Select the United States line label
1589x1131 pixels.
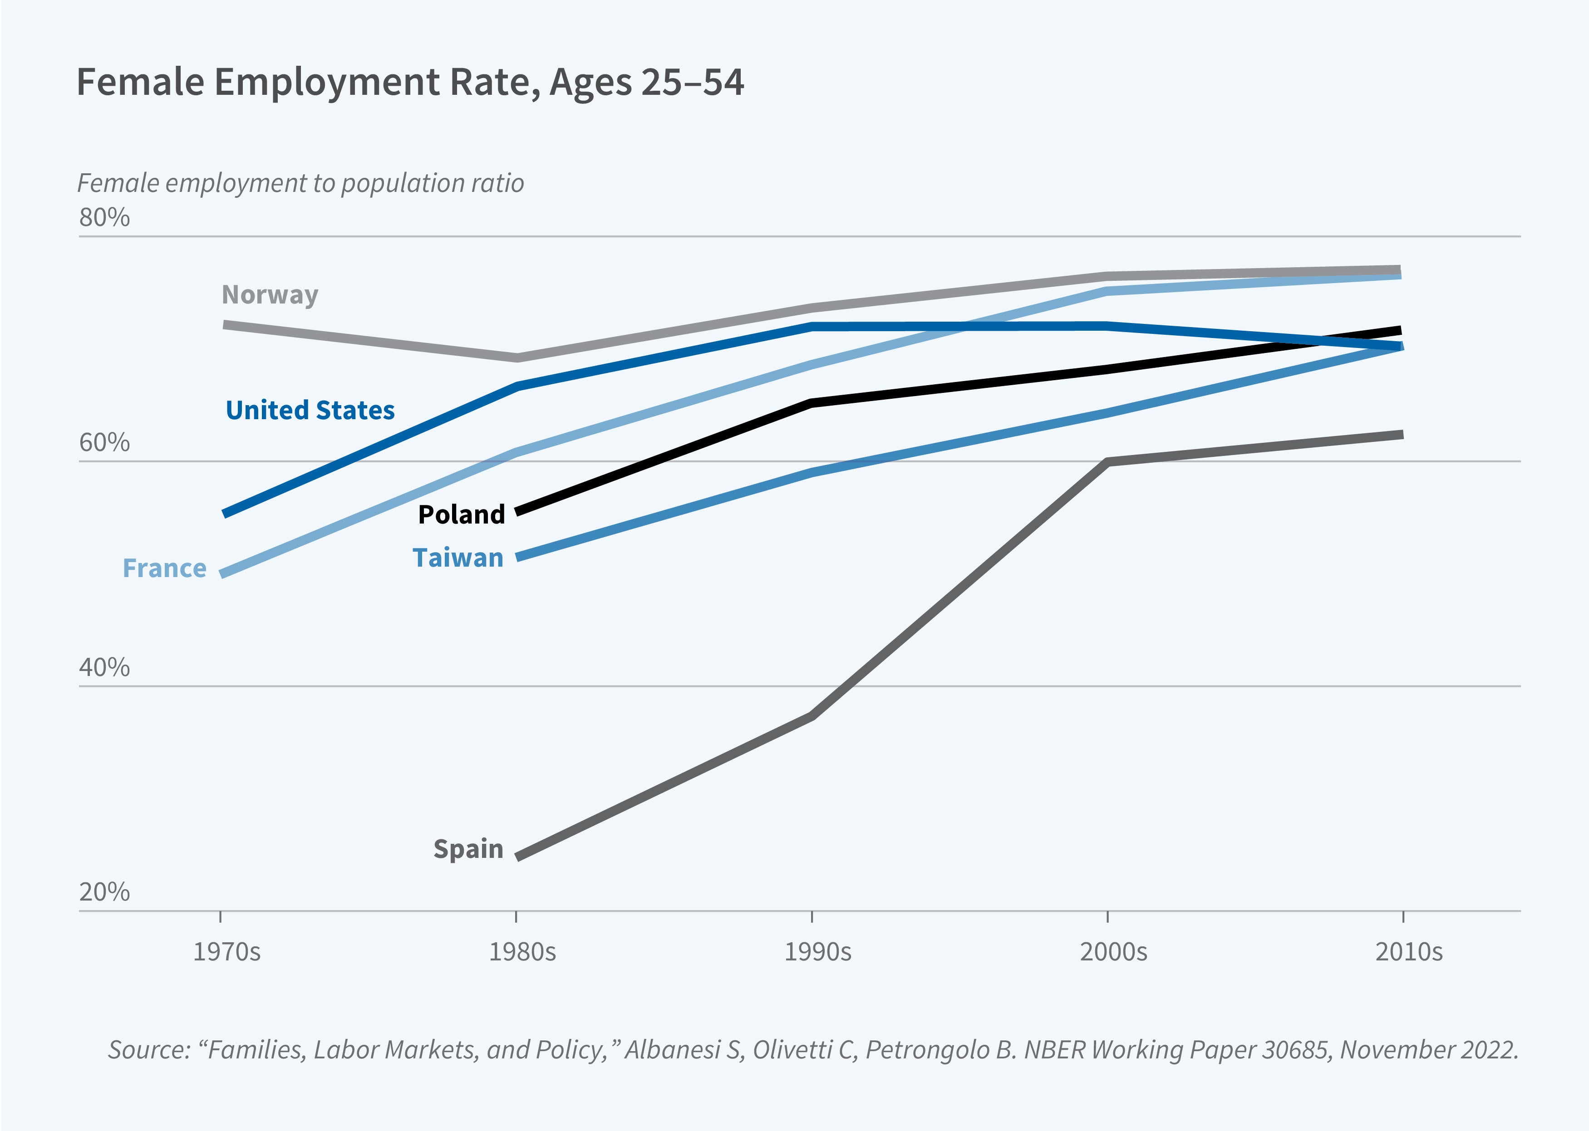(x=310, y=410)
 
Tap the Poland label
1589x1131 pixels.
(x=461, y=514)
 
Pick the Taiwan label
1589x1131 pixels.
(x=458, y=558)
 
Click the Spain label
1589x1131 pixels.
(x=468, y=849)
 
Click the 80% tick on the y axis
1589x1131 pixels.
(x=104, y=218)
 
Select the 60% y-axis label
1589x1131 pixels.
(x=104, y=443)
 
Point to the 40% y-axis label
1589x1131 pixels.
(x=104, y=668)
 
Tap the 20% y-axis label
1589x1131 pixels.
(x=104, y=892)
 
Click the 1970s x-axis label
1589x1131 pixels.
(x=226, y=952)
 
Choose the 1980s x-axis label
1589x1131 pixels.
(x=522, y=952)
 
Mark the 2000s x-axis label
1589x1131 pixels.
(x=1113, y=952)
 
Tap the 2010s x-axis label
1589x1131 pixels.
(x=1408, y=952)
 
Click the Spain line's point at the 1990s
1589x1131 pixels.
(x=812, y=716)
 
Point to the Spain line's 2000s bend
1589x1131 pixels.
(x=1107, y=462)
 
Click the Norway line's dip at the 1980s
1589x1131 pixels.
(x=516, y=358)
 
